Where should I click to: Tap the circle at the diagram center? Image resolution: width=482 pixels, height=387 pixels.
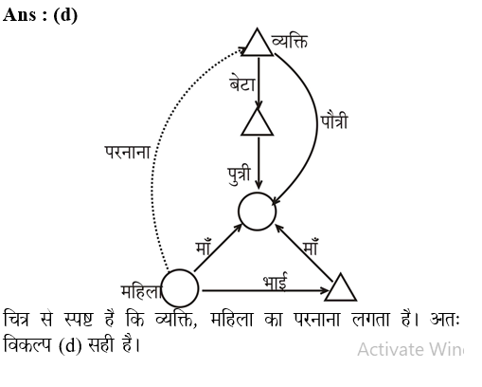tap(258, 212)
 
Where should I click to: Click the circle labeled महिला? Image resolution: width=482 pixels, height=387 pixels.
tap(180, 288)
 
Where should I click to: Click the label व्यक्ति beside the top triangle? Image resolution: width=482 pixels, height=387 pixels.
tap(290, 42)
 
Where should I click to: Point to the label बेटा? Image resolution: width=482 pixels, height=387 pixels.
tap(242, 83)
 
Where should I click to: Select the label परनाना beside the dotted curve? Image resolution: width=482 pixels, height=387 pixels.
tap(128, 152)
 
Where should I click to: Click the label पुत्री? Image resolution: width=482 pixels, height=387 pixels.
tap(240, 175)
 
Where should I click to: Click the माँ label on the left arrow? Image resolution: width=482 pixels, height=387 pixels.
tap(203, 247)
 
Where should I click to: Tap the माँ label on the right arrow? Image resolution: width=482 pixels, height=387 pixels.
tap(311, 247)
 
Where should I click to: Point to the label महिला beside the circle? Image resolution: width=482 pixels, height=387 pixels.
tap(141, 291)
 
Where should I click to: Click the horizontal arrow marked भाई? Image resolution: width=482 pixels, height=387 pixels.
tap(265, 290)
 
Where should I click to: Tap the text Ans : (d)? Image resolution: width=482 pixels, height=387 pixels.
tap(40, 15)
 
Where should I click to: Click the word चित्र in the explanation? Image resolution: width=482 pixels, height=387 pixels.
tap(16, 319)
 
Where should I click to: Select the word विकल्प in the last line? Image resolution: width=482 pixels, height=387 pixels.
tap(27, 344)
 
